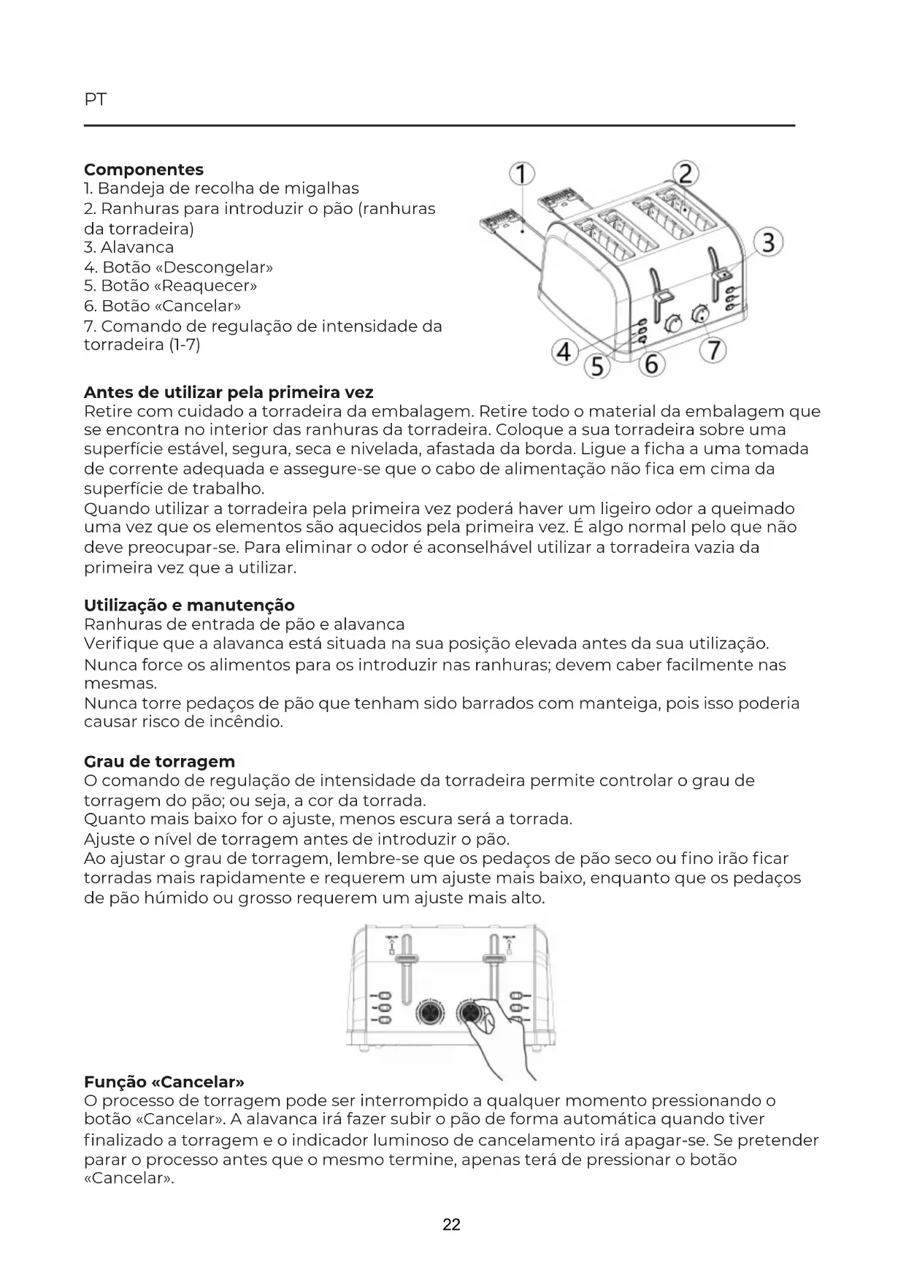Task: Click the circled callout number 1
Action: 523,174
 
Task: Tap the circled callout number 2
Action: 686,174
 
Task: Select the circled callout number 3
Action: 769,242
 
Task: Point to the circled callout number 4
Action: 564,351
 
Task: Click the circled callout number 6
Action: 652,363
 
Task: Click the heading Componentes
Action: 144,169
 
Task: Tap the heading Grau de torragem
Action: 159,762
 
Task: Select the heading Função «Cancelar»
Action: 164,1081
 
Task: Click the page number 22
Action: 452,1225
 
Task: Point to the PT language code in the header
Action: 95,100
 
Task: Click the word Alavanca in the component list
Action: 137,248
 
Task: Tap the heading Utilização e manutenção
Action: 189,605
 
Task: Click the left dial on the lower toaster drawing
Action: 429,1013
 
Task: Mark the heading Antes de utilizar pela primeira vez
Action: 229,392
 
